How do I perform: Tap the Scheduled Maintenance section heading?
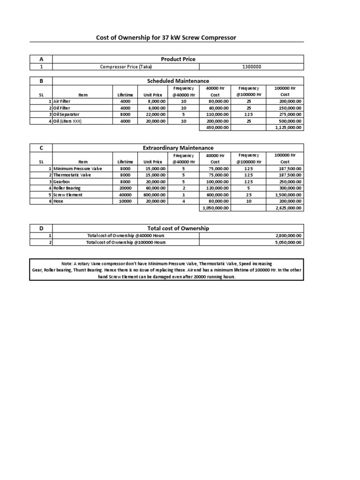(178, 81)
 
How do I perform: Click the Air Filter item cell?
(62, 101)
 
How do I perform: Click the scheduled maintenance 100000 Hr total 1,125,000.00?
(288, 127)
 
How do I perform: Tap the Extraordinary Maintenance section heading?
(178, 148)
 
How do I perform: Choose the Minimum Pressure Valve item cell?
(77, 168)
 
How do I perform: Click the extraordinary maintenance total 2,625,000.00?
(288, 208)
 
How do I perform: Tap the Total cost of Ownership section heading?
(178, 228)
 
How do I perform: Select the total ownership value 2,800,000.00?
(288, 236)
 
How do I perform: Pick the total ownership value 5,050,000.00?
(288, 242)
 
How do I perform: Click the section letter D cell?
(41, 228)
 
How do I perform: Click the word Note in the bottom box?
(67, 264)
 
